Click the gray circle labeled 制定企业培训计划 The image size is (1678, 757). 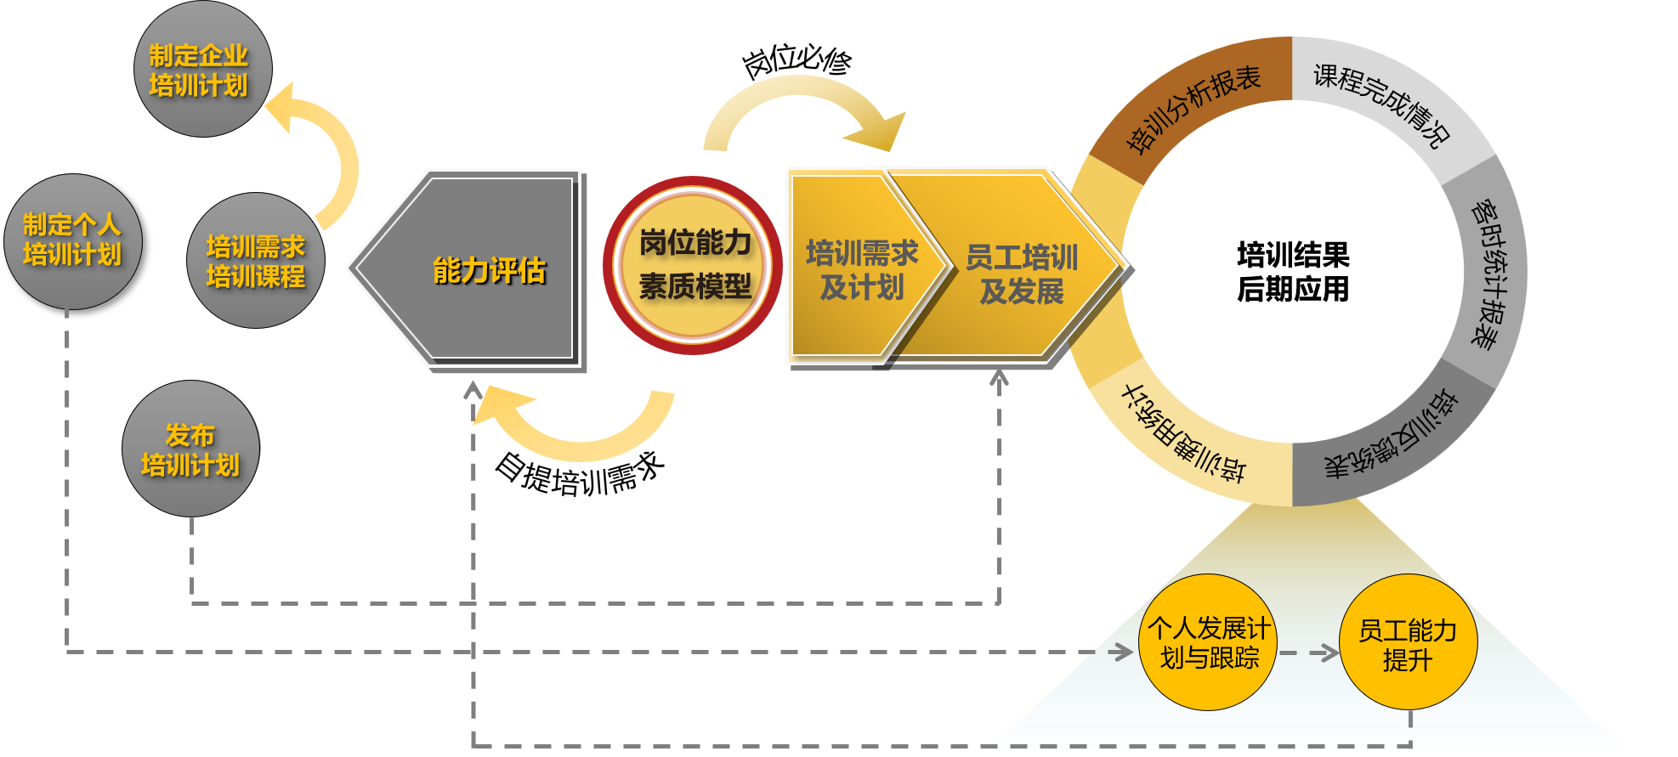click(x=202, y=70)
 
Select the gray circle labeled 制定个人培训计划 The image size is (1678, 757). click(x=73, y=241)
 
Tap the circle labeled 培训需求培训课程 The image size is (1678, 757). click(x=256, y=261)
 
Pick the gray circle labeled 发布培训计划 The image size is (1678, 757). click(x=191, y=449)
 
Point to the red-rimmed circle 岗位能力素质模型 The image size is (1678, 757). click(x=694, y=265)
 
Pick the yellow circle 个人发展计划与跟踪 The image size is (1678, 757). click(x=1207, y=642)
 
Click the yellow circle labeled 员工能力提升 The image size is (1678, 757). click(x=1408, y=643)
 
